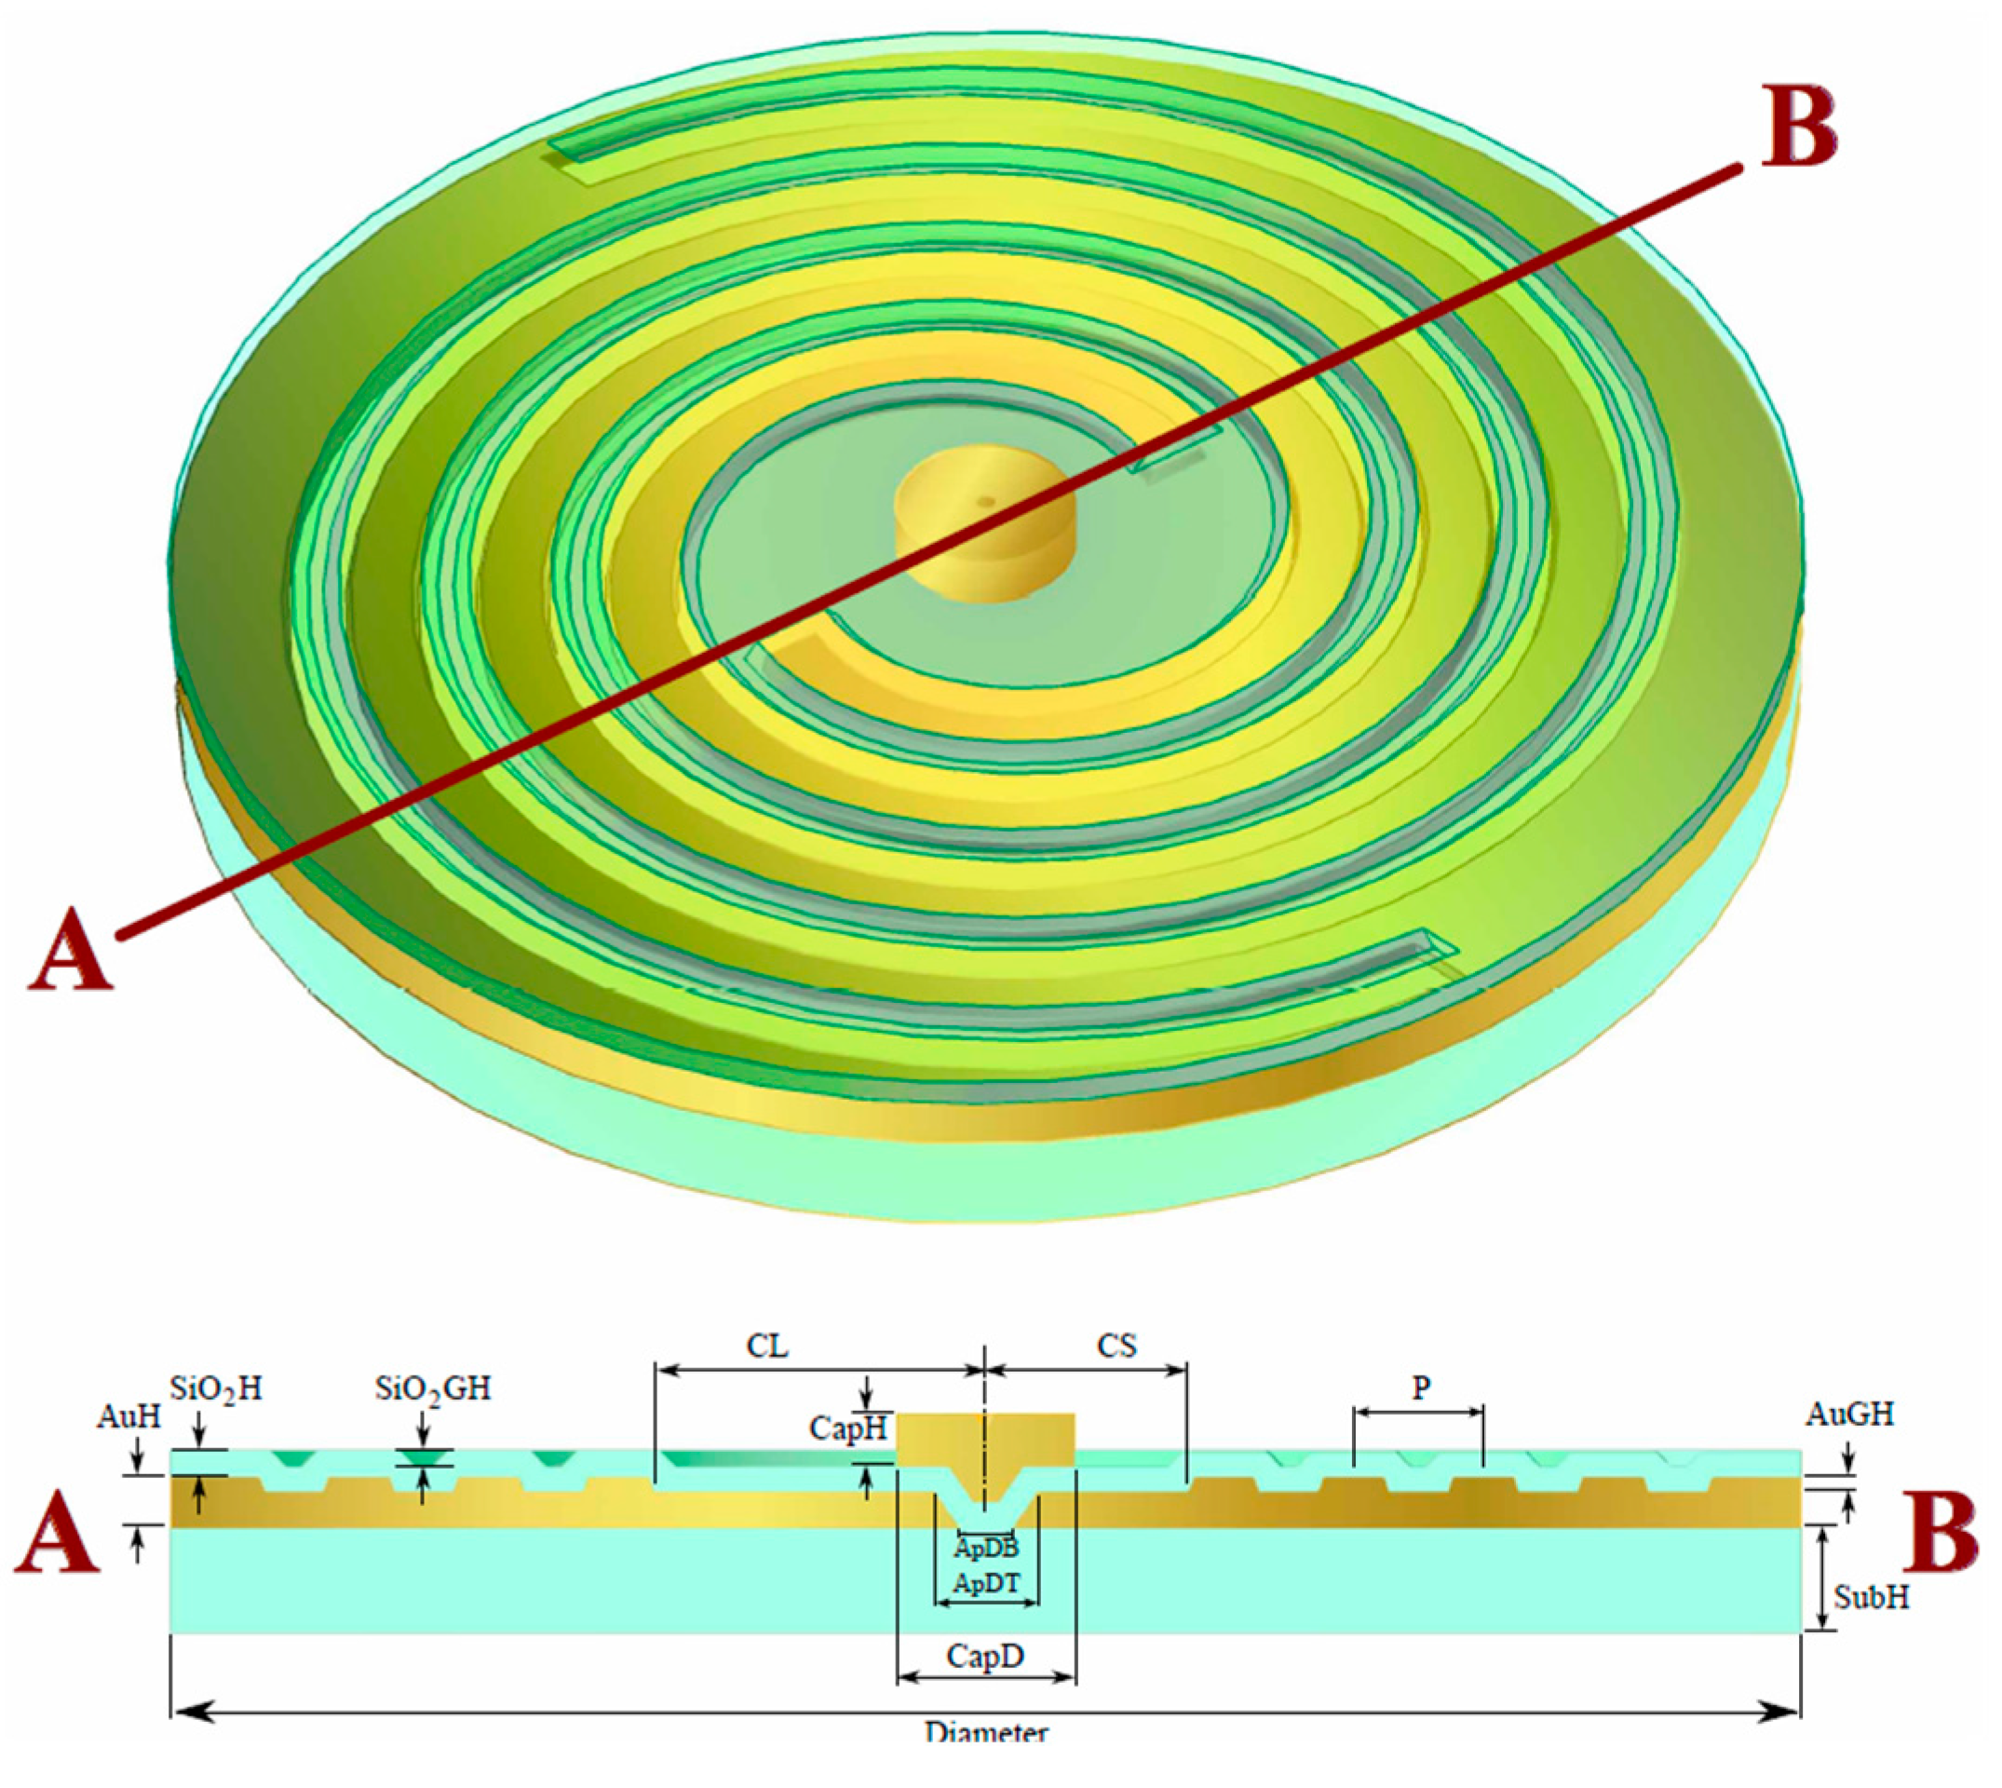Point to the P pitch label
[x=1420, y=1388]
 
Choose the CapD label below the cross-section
[x=985, y=1657]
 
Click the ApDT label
[x=985, y=1584]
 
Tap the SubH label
[x=1872, y=1597]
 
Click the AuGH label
[x=1849, y=1415]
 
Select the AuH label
[x=129, y=1416]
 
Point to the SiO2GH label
[x=432, y=1389]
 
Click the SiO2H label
[x=216, y=1389]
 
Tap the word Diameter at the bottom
[x=985, y=1758]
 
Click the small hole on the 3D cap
[x=986, y=502]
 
